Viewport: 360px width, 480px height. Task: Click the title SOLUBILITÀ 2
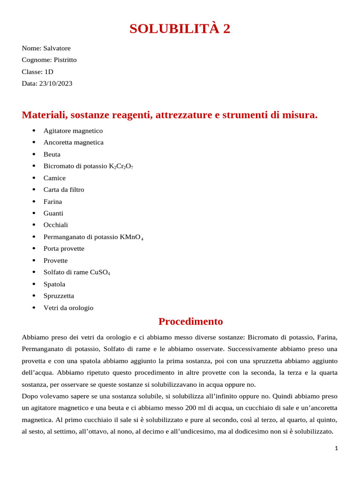pyautogui.click(x=180, y=29)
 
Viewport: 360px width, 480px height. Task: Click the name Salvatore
pyautogui.click(x=57, y=48)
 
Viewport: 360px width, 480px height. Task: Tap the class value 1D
pyautogui.click(x=49, y=72)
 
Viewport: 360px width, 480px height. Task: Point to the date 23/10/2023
pyautogui.click(x=56, y=83)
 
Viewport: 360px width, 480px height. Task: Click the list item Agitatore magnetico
pyautogui.click(x=73, y=131)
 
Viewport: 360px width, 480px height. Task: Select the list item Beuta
pyautogui.click(x=52, y=154)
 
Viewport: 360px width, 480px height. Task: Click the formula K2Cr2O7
pyautogui.click(x=121, y=166)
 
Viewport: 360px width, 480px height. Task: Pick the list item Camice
pyautogui.click(x=54, y=178)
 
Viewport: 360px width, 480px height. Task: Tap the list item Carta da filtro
pyautogui.click(x=64, y=190)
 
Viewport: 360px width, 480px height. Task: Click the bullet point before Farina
pyautogui.click(x=34, y=202)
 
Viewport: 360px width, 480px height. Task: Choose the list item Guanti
pyautogui.click(x=53, y=213)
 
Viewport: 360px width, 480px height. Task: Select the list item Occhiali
pyautogui.click(x=56, y=225)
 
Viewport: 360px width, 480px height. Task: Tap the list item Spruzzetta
pyautogui.click(x=59, y=296)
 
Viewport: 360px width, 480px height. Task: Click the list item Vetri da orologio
pyautogui.click(x=68, y=308)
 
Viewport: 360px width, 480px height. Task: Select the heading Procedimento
pyautogui.click(x=190, y=322)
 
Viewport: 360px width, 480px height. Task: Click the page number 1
pyautogui.click(x=336, y=449)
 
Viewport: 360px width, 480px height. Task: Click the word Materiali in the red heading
pyautogui.click(x=45, y=115)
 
